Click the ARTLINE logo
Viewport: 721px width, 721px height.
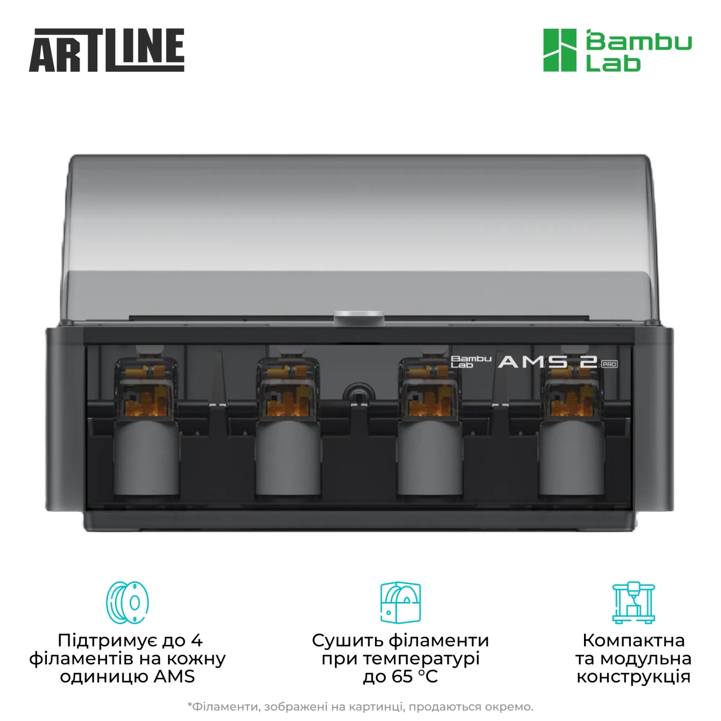pyautogui.click(x=107, y=50)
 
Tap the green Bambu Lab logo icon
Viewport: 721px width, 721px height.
pyautogui.click(x=560, y=50)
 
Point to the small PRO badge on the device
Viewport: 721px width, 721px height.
pyautogui.click(x=609, y=364)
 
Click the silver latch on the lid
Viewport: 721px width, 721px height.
pyautogui.click(x=359, y=317)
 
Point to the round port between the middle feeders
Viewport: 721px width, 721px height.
pyautogui.click(x=357, y=394)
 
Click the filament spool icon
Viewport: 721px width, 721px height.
pyautogui.click(x=128, y=603)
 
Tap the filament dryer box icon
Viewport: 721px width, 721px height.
pyautogui.click(x=400, y=603)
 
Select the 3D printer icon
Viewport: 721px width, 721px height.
pyautogui.click(x=633, y=603)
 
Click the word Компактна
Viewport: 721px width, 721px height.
pyautogui.click(x=633, y=641)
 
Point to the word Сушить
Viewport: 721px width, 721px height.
pyautogui.click(x=347, y=641)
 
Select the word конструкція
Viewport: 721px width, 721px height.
pyautogui.click(x=633, y=677)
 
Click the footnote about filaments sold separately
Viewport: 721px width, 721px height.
pyautogui.click(x=360, y=707)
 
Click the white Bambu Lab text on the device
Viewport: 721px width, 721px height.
pyautogui.click(x=471, y=362)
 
